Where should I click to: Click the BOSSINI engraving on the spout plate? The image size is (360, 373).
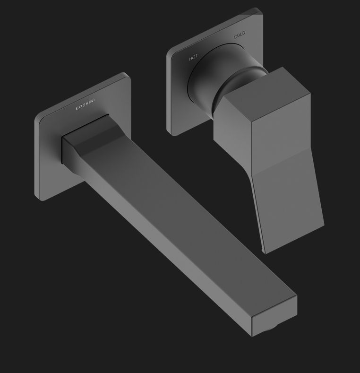pos(85,104)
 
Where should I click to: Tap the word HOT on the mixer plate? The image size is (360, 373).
pos(193,57)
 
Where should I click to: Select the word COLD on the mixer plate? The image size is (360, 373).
pos(239,35)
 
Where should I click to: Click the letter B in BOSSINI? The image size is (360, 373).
pos(77,108)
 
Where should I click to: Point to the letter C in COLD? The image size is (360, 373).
pos(235,36)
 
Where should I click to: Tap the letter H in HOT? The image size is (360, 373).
pos(190,59)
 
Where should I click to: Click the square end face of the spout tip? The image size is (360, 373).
pos(274,316)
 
